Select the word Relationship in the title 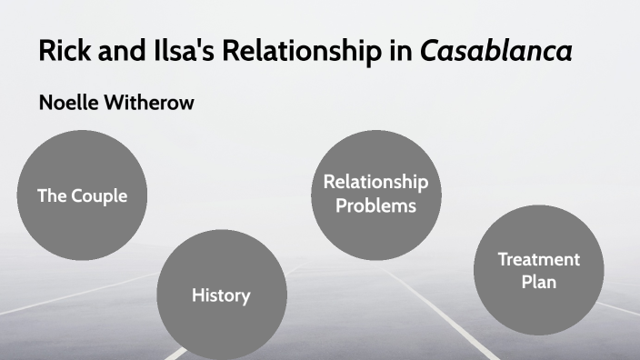[305, 52]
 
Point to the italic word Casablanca [495, 52]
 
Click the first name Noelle [70, 103]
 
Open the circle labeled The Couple [82, 195]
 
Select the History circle [221, 294]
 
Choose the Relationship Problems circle [375, 193]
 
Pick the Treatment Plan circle [538, 270]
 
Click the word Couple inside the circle [99, 195]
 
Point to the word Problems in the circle [375, 205]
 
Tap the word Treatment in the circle [538, 259]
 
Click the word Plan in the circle [538, 282]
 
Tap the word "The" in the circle [52, 195]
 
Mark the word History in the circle [221, 295]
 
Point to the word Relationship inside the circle [375, 182]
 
